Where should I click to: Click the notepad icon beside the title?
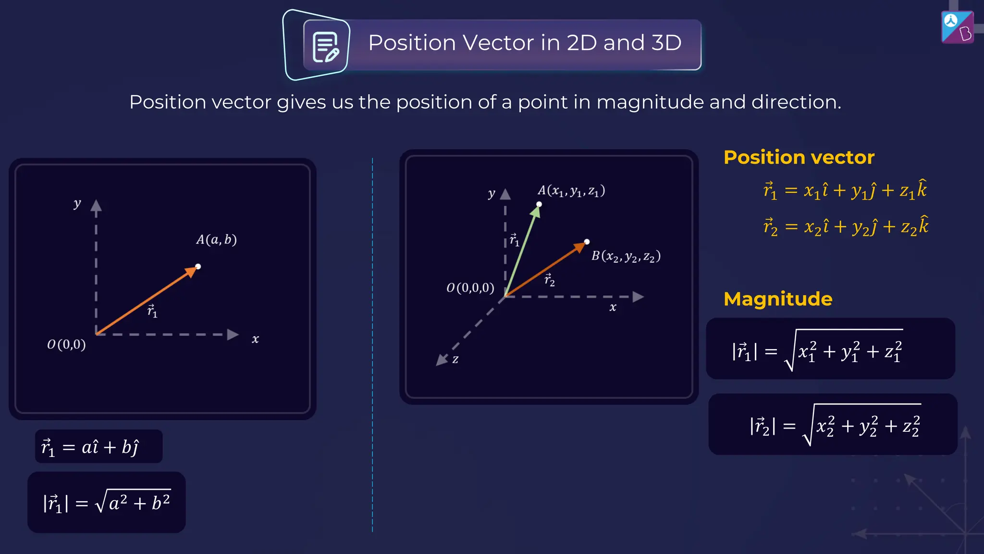[x=326, y=47]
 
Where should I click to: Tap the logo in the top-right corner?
[x=957, y=27]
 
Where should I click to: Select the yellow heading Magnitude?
[x=778, y=299]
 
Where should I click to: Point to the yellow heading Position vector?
[x=799, y=157]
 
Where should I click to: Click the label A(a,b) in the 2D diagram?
[x=216, y=239]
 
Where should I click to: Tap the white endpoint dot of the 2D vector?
[x=198, y=266]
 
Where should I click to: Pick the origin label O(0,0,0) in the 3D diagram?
[x=470, y=288]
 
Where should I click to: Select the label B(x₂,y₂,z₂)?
[x=626, y=256]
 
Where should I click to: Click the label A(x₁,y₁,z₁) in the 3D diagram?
[x=571, y=191]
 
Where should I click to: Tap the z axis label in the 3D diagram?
[x=455, y=359]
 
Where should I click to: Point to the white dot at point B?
[x=587, y=241]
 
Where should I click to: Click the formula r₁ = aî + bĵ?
[x=91, y=447]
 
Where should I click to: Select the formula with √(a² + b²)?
[x=107, y=503]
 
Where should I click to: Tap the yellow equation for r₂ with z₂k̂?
[x=846, y=226]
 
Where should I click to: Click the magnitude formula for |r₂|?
[x=834, y=425]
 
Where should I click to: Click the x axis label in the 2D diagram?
[x=255, y=339]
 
